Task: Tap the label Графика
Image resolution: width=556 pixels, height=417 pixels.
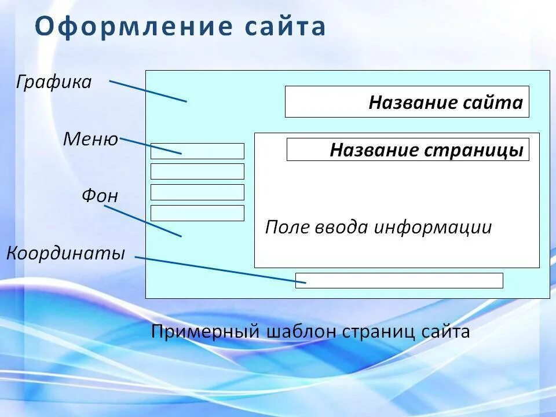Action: [54, 82]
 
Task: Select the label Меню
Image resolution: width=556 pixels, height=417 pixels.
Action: [90, 139]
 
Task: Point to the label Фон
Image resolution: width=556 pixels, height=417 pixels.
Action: [100, 196]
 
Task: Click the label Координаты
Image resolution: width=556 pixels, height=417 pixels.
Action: [66, 253]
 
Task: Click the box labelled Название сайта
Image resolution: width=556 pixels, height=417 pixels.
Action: [407, 102]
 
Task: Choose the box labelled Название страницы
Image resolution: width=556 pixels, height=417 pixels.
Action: [408, 150]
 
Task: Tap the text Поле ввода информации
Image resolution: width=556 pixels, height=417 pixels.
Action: [378, 227]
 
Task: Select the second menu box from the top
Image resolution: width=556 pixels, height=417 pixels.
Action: [197, 171]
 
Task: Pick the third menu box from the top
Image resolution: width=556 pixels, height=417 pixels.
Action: [197, 192]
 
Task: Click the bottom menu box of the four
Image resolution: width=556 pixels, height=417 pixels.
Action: [197, 213]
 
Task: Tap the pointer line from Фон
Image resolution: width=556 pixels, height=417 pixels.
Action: [142, 221]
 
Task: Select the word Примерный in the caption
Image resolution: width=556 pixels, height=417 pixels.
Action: [204, 332]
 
